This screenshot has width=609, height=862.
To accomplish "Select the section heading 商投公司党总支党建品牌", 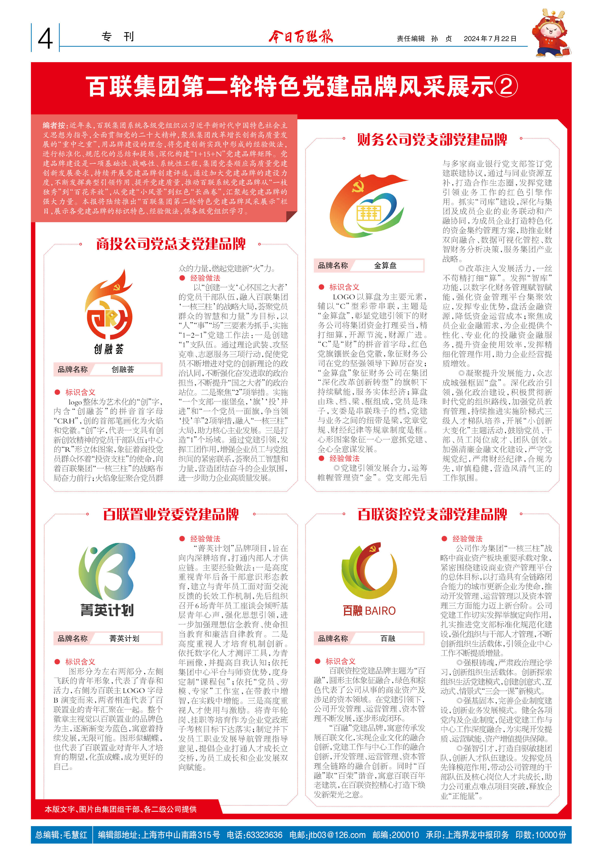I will pos(171,244).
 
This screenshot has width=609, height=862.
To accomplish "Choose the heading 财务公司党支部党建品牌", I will pos(432,140).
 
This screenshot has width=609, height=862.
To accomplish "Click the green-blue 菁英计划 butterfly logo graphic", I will pos(107,571).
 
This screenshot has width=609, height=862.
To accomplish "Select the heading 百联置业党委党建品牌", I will pos(171,514).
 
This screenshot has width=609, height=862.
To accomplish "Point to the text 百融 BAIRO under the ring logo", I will pos(369,611).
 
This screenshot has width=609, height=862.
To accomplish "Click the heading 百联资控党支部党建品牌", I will pos(432,514).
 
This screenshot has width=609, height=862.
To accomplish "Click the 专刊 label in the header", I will pos(117,37).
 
